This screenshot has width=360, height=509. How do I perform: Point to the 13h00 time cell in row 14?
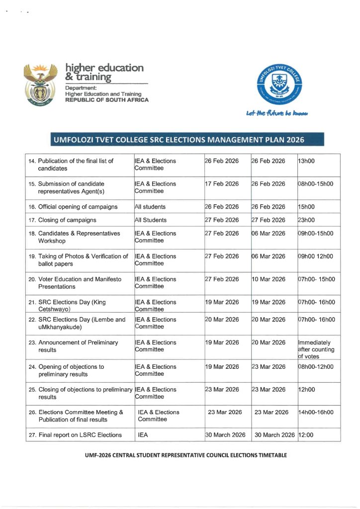(306, 161)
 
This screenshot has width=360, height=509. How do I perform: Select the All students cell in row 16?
(151, 207)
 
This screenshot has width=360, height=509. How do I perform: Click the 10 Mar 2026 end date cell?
(269, 279)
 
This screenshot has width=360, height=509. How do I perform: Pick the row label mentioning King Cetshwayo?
(72, 305)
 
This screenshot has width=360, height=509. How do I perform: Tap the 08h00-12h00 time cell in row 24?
(315, 367)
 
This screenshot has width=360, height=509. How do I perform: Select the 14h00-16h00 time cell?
(315, 412)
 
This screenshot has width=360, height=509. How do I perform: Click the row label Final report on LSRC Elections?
(80, 435)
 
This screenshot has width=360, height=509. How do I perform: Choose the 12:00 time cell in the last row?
(305, 435)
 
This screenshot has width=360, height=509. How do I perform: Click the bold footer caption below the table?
(179, 455)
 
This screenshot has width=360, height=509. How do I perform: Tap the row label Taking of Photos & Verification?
(83, 260)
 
